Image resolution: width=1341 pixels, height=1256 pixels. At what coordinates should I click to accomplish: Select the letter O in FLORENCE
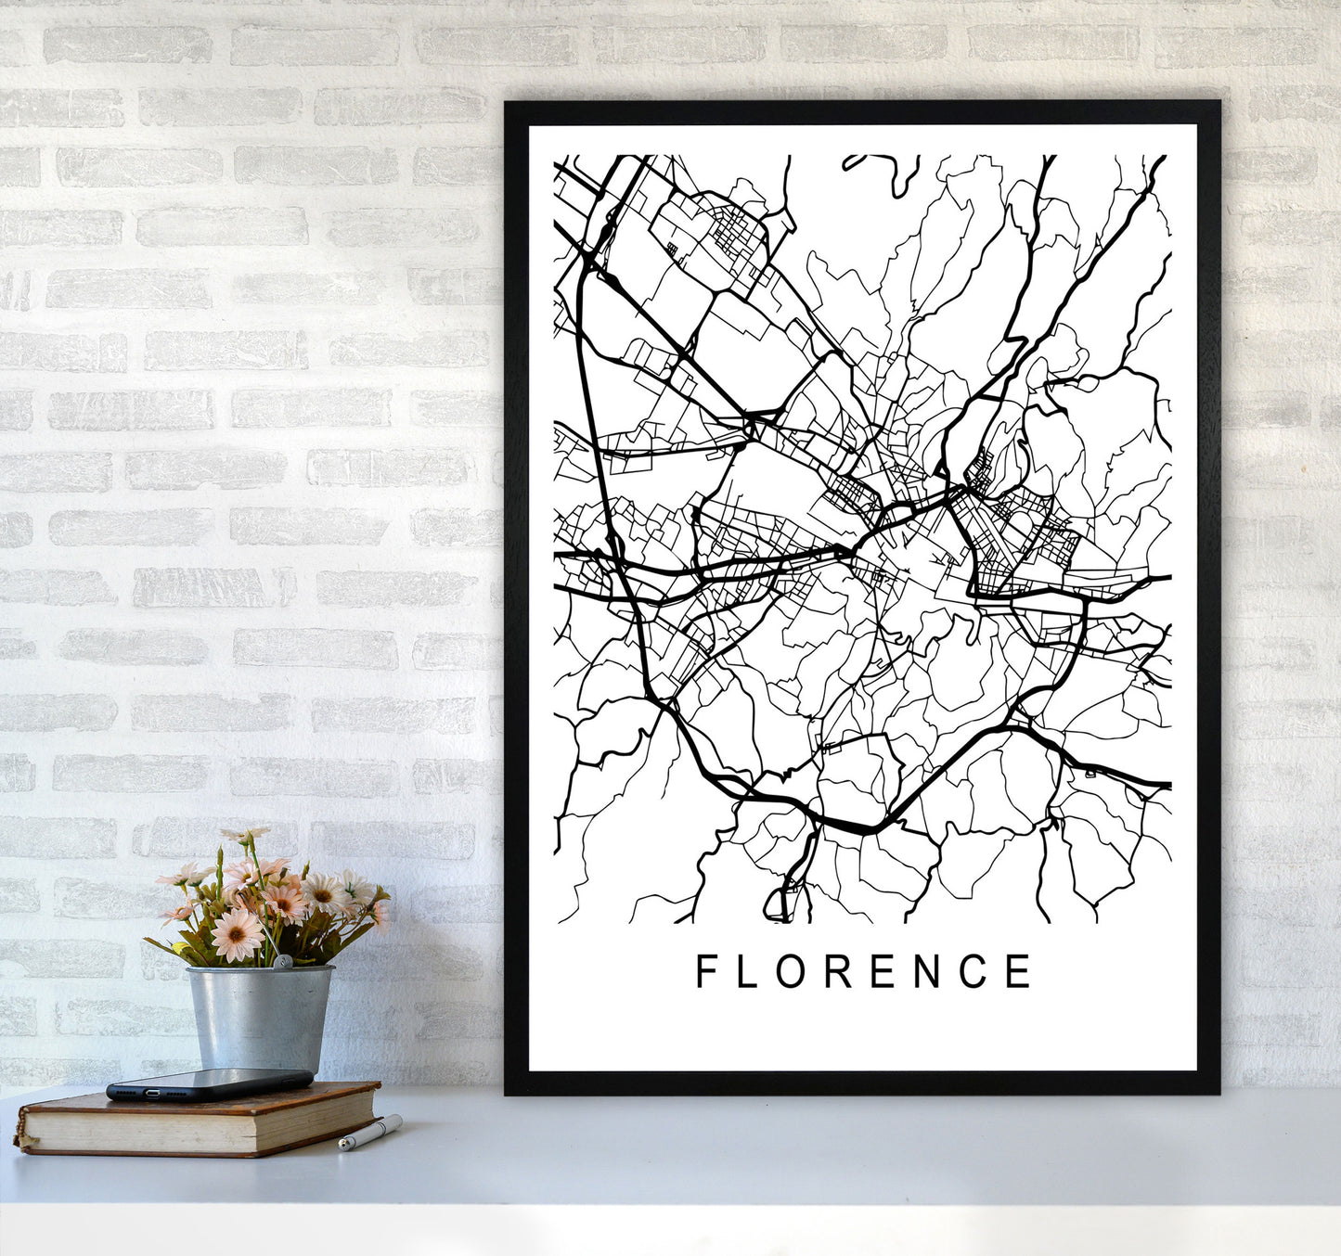pos(788,971)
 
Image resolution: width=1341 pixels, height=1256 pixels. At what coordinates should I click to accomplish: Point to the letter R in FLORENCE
pos(835,971)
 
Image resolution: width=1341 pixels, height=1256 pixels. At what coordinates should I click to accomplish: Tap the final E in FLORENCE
pos(1019,971)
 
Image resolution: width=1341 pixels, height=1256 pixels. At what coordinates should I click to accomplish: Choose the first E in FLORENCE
pos(881,971)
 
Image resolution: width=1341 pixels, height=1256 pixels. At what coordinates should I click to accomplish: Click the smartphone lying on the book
pos(210,1083)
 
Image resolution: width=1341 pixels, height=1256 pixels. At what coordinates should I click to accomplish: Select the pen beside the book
pos(370,1134)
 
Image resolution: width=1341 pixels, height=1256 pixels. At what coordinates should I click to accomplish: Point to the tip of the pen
pos(342,1147)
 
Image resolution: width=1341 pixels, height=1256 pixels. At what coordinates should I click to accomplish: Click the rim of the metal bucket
pos(259,970)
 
